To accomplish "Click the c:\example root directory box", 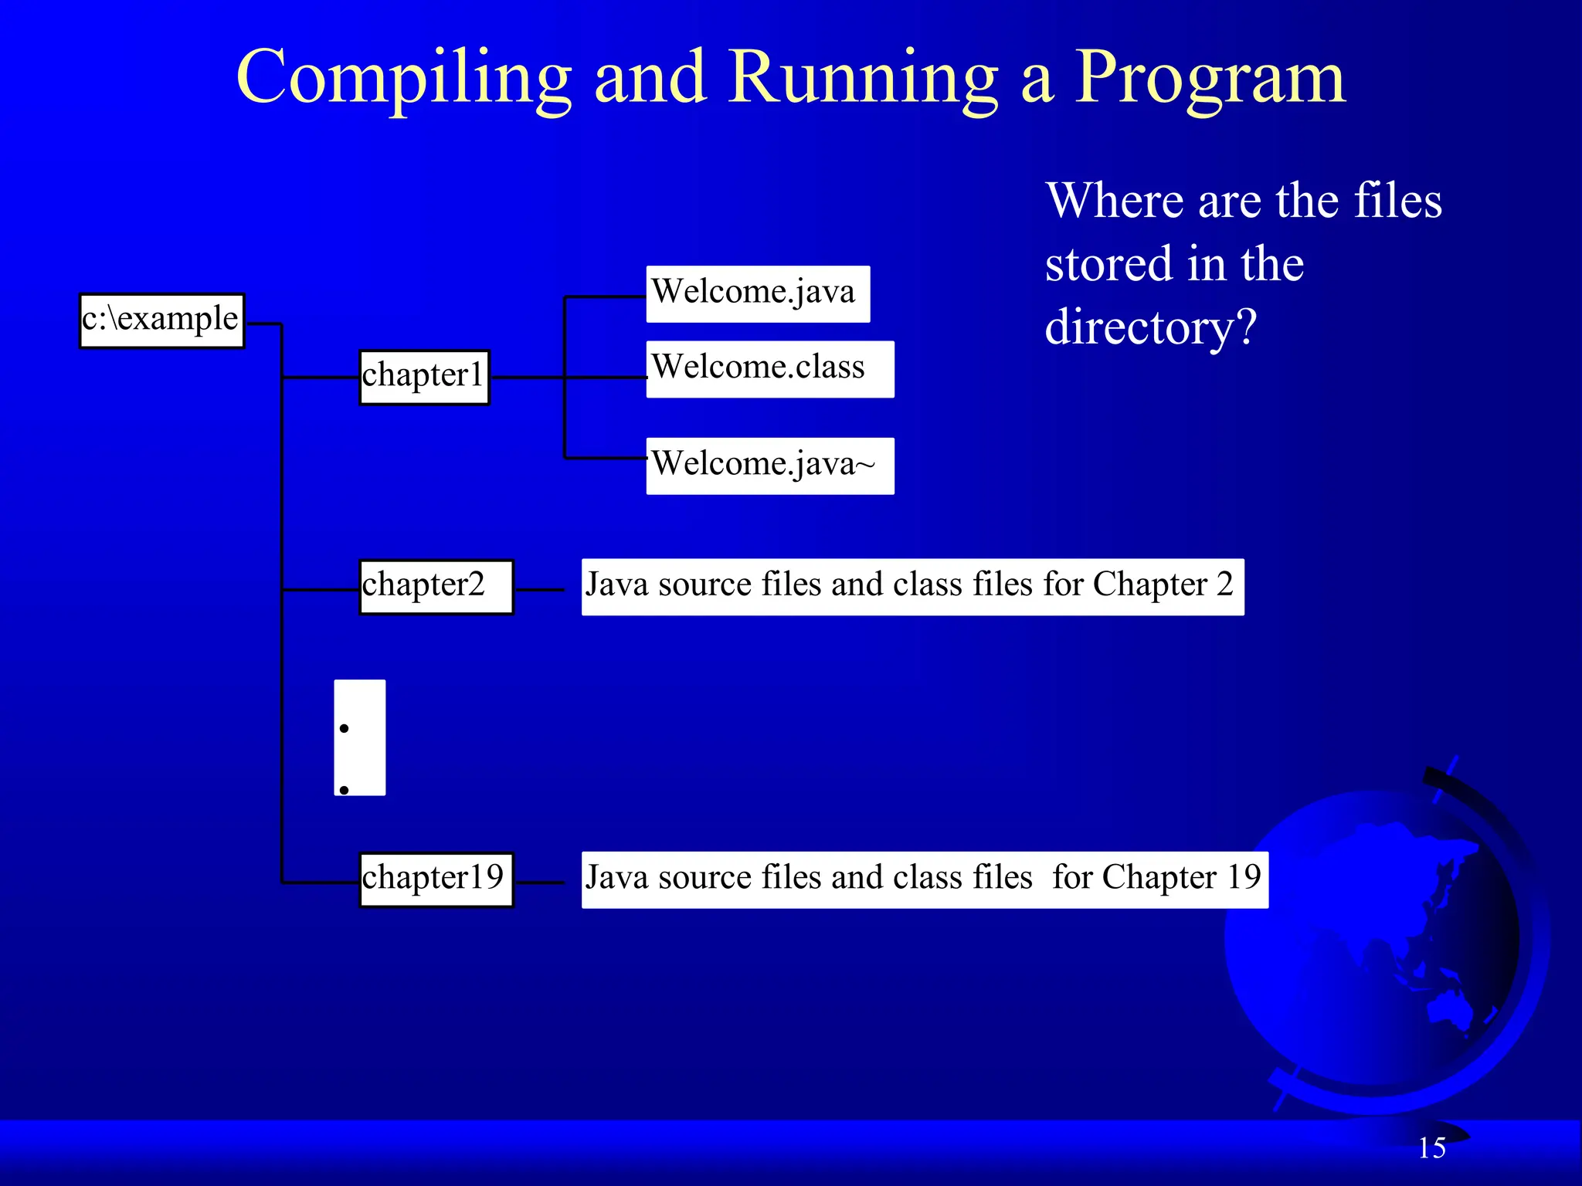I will pyautogui.click(x=161, y=320).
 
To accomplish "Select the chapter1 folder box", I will pyautogui.click(x=424, y=377).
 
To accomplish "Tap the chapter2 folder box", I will pyautogui.click(x=436, y=587).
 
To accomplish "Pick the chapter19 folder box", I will pyautogui.click(x=436, y=879).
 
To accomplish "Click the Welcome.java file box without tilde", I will pyautogui.click(x=757, y=293).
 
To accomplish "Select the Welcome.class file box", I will pyautogui.click(x=769, y=369).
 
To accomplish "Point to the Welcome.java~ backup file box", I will pyautogui.click(x=769, y=466).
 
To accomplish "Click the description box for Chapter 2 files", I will pyautogui.click(x=912, y=587).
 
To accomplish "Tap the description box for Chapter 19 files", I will pyautogui.click(x=924, y=879).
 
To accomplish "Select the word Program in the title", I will pyautogui.click(x=1210, y=77).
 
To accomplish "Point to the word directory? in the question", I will pyautogui.click(x=1150, y=327).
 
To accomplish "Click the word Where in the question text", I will pyautogui.click(x=1115, y=201).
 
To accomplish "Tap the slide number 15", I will pyautogui.click(x=1431, y=1148).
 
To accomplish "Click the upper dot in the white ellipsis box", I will pyautogui.click(x=345, y=728).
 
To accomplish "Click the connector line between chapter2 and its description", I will pyautogui.click(x=540, y=590).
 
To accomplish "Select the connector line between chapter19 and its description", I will pyautogui.click(x=540, y=883).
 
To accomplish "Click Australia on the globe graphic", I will pyautogui.click(x=1452, y=1008).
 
